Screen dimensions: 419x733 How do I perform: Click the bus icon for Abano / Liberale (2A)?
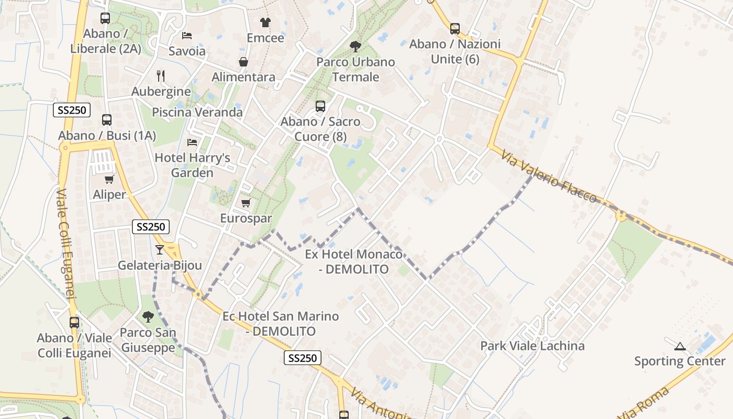105,18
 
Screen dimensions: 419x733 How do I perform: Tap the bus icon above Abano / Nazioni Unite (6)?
455,29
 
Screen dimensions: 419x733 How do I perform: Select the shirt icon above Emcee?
265,23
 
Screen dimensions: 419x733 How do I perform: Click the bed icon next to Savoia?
187,36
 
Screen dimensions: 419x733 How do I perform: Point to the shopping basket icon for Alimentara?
243,62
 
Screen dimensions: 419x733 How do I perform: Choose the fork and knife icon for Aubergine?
161,76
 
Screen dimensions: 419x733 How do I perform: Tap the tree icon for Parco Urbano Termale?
356,47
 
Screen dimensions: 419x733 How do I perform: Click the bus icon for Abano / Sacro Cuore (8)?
320,106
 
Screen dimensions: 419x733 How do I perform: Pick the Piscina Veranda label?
197,112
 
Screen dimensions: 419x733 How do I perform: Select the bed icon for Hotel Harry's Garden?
192,142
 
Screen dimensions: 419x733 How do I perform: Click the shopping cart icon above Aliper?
109,180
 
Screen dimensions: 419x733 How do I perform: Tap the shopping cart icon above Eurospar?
246,203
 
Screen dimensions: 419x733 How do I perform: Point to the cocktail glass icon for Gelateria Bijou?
160,250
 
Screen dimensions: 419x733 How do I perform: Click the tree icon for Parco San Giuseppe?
148,316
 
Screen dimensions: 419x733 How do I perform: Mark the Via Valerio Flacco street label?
548,177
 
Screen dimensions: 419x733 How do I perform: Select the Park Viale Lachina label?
532,346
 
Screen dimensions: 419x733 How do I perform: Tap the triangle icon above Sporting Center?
680,346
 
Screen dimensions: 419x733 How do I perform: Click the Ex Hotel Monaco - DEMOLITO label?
354,262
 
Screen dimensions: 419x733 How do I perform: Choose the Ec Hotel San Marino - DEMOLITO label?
281,324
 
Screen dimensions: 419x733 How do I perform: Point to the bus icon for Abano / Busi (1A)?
107,120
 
